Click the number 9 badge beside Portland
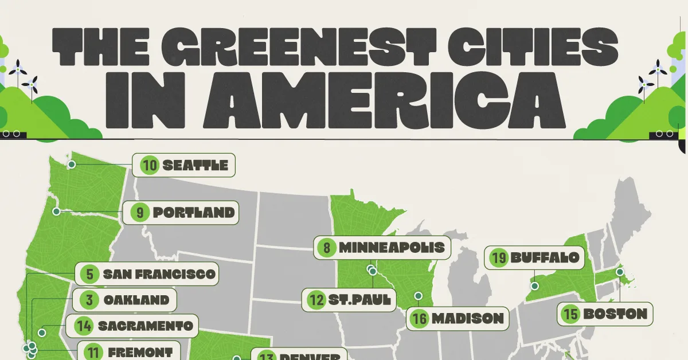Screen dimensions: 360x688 (140, 213)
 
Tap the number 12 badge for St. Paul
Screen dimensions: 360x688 (315, 299)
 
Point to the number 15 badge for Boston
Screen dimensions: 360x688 (570, 314)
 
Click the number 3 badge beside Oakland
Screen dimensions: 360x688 (91, 300)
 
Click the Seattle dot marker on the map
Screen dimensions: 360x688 (72, 165)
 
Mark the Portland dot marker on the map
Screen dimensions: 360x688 (56, 212)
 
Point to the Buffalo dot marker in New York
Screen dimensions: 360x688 (534, 285)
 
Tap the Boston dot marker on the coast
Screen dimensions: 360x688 (619, 271)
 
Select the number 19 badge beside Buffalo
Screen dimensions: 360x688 (498, 257)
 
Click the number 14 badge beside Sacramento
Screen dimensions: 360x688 (84, 326)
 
